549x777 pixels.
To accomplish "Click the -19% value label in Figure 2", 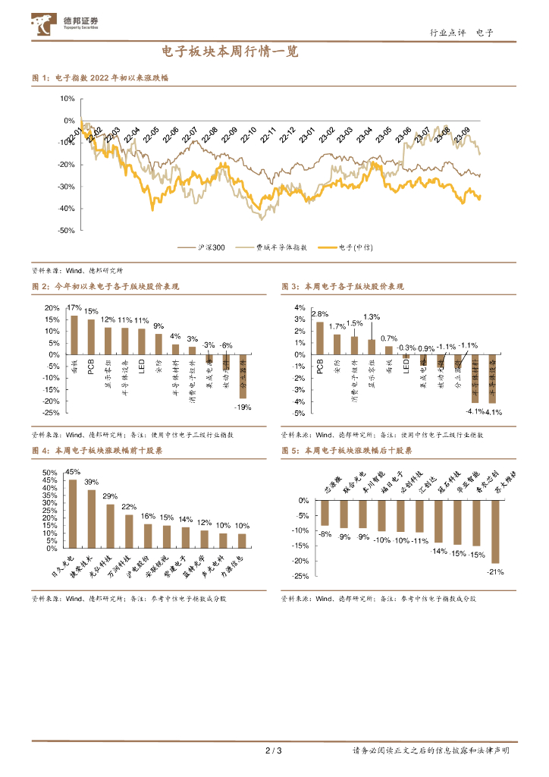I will click(243, 407).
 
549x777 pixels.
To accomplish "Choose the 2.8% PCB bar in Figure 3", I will click(319, 338).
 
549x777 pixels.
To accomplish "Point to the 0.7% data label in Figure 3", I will click(389, 338).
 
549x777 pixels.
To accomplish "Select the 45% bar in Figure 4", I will click(73, 514).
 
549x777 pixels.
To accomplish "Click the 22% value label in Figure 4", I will click(130, 507).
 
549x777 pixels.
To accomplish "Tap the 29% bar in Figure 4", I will click(111, 526).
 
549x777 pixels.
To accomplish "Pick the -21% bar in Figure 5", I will click(496, 531).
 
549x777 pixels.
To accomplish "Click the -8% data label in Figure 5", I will click(325, 534).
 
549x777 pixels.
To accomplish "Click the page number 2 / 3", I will click(274, 751).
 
